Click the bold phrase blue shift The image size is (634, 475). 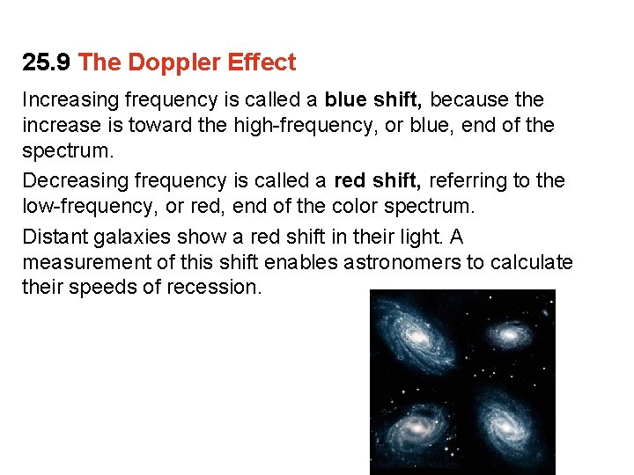point(374,99)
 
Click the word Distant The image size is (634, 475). point(52,237)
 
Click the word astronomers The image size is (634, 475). point(397,262)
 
